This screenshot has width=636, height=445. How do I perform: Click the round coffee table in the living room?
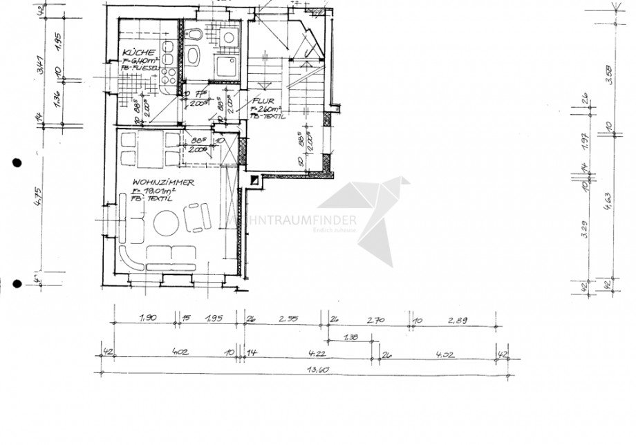click(x=167, y=225)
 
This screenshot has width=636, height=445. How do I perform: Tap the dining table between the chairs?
click(x=150, y=149)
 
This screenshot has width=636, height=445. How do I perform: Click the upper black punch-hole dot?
click(x=17, y=163)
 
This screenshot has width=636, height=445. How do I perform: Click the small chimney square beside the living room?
click(x=254, y=181)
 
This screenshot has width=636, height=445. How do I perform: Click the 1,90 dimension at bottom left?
click(x=146, y=319)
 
